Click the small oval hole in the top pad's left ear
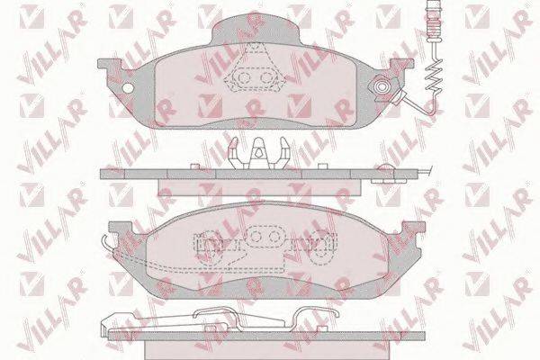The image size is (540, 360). [x=128, y=88]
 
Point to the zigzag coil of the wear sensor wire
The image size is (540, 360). [x=433, y=76]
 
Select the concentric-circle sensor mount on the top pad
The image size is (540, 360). [x=381, y=86]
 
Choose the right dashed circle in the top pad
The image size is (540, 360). [x=266, y=78]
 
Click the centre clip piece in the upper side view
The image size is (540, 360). [x=258, y=153]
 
